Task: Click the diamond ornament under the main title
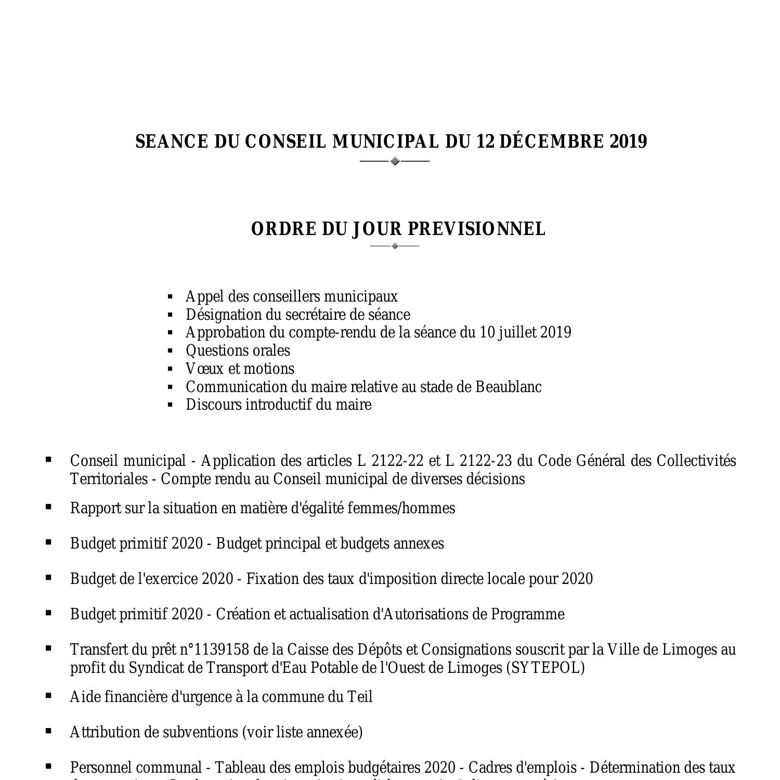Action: point(395,161)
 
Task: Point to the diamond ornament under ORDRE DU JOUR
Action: point(395,246)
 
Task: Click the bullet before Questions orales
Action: point(170,351)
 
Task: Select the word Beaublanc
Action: point(509,387)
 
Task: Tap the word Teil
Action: point(359,697)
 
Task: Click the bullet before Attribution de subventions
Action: point(49,731)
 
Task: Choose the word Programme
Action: point(528,614)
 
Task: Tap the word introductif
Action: point(278,405)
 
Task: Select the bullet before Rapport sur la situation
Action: point(49,506)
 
